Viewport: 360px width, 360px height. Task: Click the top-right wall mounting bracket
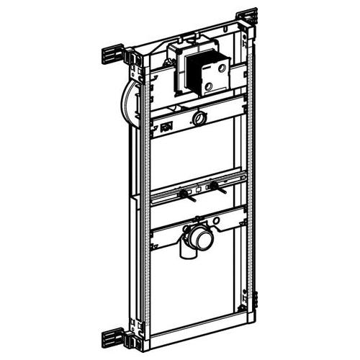(247, 17)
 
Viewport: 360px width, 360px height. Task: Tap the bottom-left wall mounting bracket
(114, 336)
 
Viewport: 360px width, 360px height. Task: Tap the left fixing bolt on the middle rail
(185, 194)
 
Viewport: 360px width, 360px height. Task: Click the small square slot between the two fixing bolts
(199, 191)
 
